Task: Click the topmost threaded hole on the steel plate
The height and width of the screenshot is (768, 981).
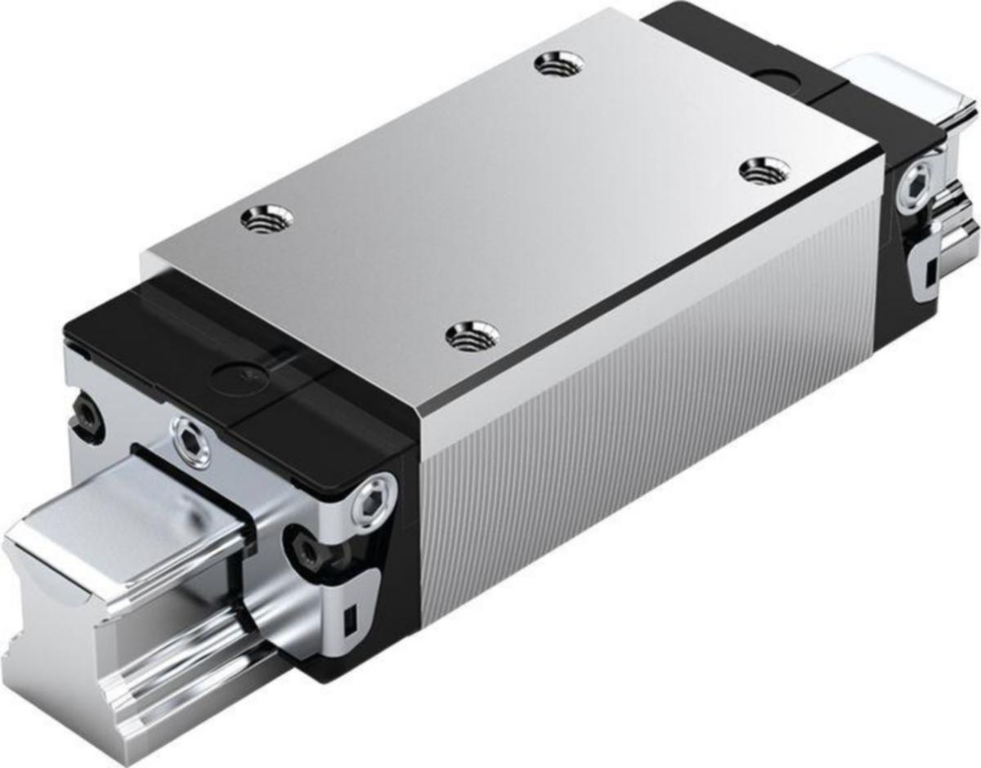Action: pyautogui.click(x=559, y=64)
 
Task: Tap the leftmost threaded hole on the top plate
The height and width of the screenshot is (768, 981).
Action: pyautogui.click(x=267, y=219)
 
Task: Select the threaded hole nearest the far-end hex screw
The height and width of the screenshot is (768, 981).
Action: pyautogui.click(x=764, y=170)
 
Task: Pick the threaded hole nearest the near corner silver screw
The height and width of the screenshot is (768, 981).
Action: pyautogui.click(x=473, y=335)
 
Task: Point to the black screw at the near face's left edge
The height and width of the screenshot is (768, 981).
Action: pyautogui.click(x=84, y=413)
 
